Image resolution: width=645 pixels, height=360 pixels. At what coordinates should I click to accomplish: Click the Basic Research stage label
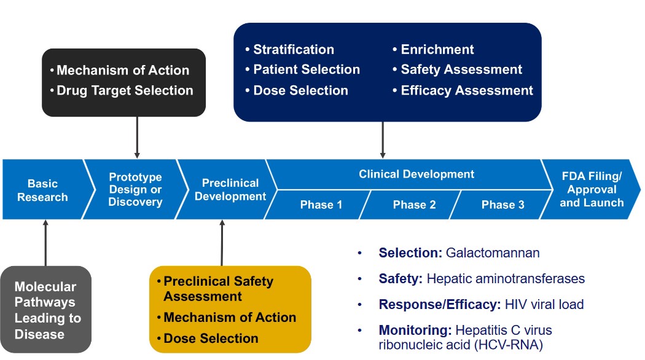[x=42, y=190]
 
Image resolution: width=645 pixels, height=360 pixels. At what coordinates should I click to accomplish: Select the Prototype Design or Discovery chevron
[x=135, y=189]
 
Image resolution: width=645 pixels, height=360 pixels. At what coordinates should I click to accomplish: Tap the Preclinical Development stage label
[x=230, y=190]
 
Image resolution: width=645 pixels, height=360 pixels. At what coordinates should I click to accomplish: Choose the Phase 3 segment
[x=502, y=205]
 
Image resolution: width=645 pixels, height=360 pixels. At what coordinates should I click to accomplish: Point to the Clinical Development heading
[x=416, y=174]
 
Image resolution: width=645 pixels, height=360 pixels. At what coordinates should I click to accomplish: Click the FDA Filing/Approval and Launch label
[x=592, y=189]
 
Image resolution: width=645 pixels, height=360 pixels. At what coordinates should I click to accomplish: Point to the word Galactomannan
[x=493, y=252]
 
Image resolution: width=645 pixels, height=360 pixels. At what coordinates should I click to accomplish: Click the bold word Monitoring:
[x=415, y=330]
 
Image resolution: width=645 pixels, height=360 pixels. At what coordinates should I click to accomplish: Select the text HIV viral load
[x=544, y=305]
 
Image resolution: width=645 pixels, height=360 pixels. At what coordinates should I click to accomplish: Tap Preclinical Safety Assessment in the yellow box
[x=218, y=289]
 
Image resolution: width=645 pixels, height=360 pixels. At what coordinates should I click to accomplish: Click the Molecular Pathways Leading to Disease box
[x=45, y=310]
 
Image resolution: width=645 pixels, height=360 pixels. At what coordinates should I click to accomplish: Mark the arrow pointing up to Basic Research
[x=45, y=243]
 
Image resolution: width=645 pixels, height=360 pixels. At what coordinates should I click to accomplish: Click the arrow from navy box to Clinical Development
[x=383, y=140]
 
